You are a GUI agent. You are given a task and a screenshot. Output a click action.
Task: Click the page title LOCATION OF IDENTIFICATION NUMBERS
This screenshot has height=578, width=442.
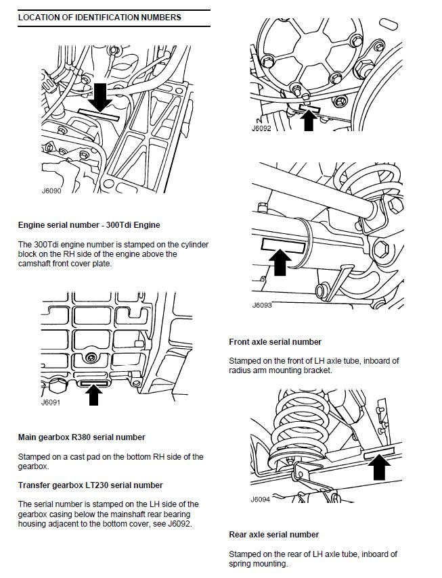[99, 17]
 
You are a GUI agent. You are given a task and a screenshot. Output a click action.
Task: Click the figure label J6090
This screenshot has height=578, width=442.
[51, 191]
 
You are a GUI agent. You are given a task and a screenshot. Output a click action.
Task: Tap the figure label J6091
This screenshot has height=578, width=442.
[51, 402]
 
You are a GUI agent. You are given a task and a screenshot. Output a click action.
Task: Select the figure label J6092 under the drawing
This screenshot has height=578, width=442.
[261, 127]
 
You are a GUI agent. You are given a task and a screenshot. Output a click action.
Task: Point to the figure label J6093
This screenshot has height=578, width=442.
[262, 305]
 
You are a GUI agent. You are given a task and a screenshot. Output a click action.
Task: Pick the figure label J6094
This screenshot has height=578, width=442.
[261, 500]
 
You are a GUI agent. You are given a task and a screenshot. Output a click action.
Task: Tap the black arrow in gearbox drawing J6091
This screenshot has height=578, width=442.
[94, 393]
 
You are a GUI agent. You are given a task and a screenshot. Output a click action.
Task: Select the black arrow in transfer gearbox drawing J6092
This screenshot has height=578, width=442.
[309, 120]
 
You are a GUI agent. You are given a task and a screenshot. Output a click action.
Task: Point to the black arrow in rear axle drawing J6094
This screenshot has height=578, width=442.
[380, 466]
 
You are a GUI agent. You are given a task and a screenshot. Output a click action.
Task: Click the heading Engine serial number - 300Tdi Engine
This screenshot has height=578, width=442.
[89, 224]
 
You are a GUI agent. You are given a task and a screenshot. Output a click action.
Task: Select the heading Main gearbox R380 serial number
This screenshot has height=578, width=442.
[81, 437]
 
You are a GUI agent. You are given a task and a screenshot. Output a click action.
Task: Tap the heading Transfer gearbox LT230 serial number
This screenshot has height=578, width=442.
[90, 485]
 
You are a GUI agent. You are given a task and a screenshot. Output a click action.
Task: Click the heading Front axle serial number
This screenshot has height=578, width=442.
[275, 342]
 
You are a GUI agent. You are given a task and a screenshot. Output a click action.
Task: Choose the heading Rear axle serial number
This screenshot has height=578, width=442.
[273, 535]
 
